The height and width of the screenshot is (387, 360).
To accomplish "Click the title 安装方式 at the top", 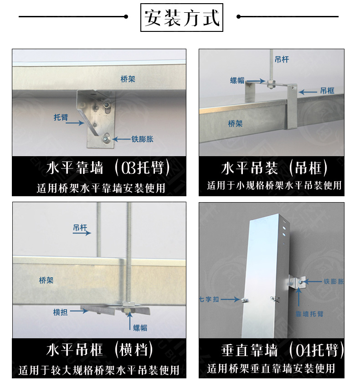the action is [x=182, y=17].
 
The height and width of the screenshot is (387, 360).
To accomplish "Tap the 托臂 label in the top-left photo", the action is [x=61, y=117].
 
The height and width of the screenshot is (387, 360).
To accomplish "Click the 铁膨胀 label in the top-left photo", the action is [x=142, y=139].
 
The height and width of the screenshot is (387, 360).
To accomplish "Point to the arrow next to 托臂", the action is [x=75, y=122].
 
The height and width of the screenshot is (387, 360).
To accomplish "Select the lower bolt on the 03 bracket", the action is [x=106, y=138].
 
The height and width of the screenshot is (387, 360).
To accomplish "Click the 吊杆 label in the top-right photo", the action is [x=282, y=59].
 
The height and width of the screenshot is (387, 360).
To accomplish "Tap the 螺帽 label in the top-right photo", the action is [x=237, y=81].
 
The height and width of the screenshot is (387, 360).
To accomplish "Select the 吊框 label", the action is [x=327, y=91].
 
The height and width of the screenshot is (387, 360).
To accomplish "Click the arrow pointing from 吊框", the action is [x=308, y=92].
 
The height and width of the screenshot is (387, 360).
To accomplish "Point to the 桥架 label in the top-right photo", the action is [x=235, y=123].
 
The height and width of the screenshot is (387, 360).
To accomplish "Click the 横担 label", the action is [x=60, y=312].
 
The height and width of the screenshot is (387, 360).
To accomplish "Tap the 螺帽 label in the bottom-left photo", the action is [x=140, y=328].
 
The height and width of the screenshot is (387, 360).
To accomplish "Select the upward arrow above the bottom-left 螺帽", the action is [x=130, y=321].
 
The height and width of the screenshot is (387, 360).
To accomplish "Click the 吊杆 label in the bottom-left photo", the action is [x=80, y=228].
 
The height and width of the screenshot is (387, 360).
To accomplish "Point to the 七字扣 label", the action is [x=209, y=300].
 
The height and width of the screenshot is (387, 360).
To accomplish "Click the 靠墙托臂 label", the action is [x=309, y=314].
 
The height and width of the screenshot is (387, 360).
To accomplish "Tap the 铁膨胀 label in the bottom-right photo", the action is [x=334, y=281].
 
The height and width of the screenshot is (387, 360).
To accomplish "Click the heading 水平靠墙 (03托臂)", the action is [x=108, y=168].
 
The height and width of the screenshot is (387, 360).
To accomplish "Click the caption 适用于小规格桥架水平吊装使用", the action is [x=274, y=185].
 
